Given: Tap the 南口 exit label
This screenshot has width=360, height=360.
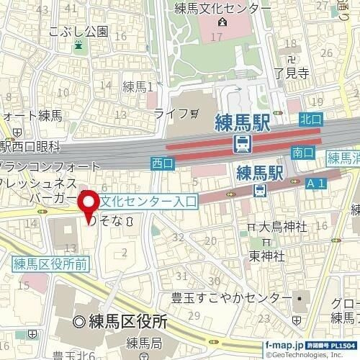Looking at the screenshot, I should tap(304, 152).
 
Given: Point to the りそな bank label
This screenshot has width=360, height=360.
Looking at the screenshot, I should tap(114, 222).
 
